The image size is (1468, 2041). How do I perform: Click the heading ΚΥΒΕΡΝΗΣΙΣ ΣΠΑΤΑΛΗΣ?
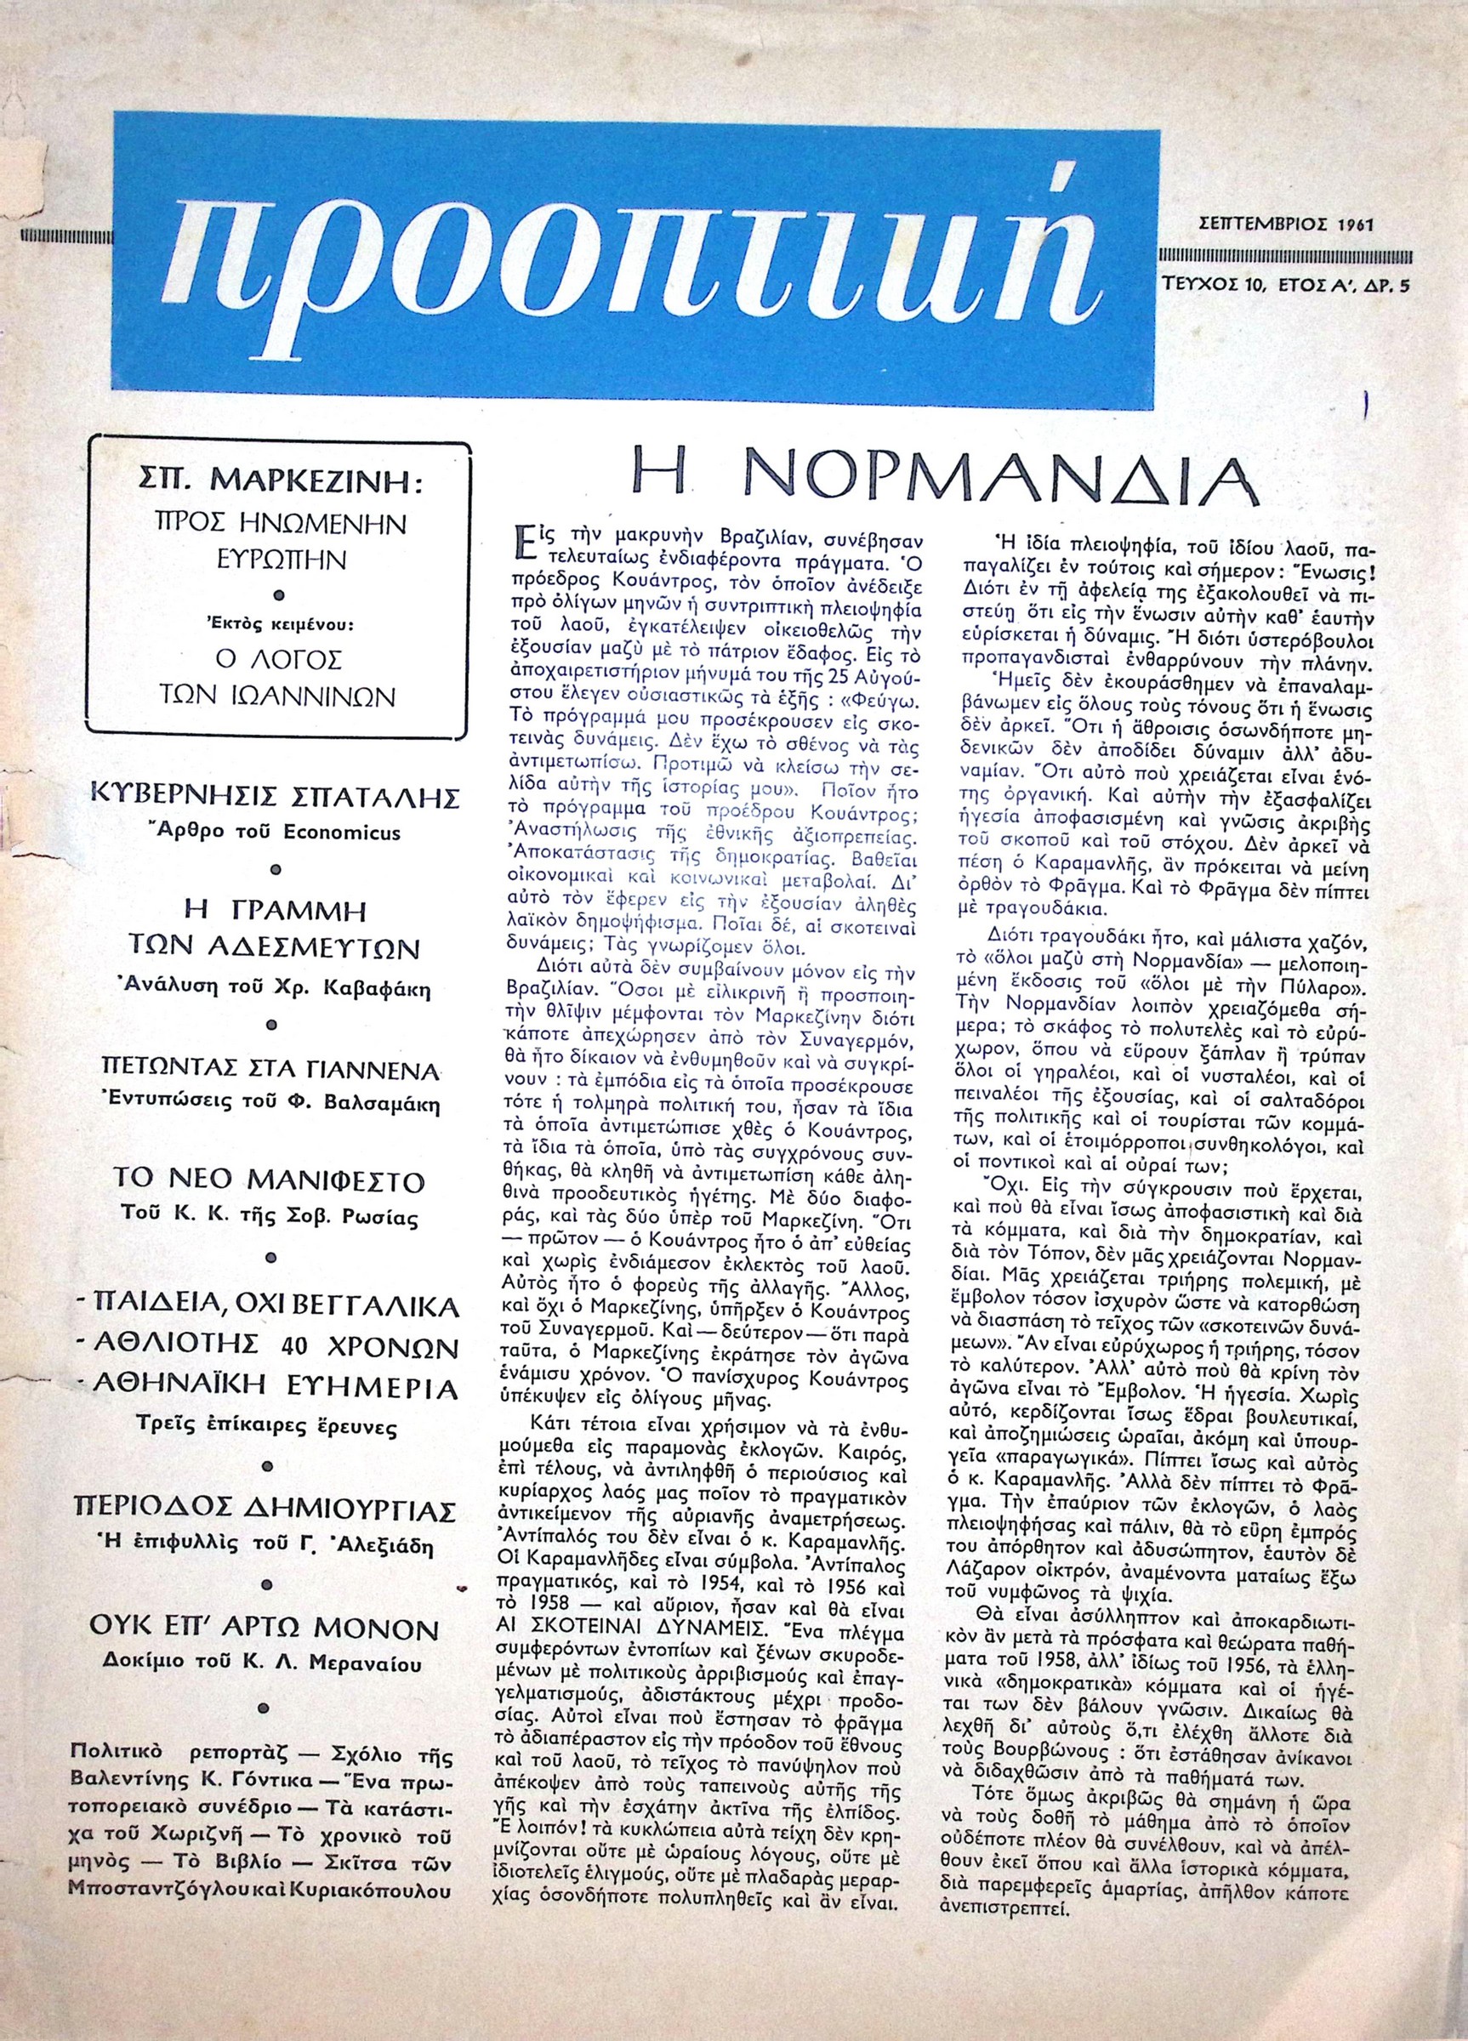click(x=277, y=798)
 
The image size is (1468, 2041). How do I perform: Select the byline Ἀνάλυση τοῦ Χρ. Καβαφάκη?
click(x=277, y=990)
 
